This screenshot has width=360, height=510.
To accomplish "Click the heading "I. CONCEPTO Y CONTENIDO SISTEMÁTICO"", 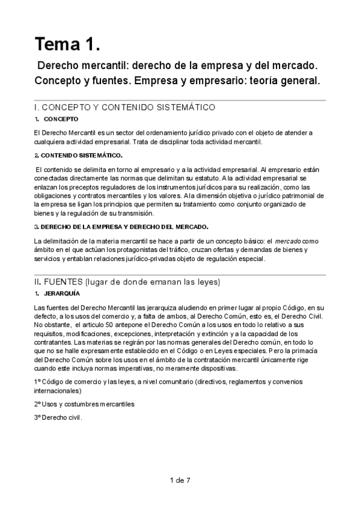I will click(x=125, y=107).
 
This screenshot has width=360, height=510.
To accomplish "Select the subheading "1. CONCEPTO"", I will click(x=56, y=118).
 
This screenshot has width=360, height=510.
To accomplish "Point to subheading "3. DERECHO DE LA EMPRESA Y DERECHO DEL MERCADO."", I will click(x=121, y=227).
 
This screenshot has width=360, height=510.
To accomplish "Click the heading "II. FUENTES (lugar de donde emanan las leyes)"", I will click(x=128, y=282).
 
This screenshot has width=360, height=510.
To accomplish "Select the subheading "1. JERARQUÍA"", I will click(x=58, y=293).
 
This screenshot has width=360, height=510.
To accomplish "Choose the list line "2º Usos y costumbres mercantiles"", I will click(x=84, y=404).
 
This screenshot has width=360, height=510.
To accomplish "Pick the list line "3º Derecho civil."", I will click(x=58, y=417).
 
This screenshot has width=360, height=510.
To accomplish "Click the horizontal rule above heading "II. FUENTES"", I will click(x=180, y=274).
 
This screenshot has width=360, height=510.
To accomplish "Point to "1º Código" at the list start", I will click(x=51, y=382).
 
